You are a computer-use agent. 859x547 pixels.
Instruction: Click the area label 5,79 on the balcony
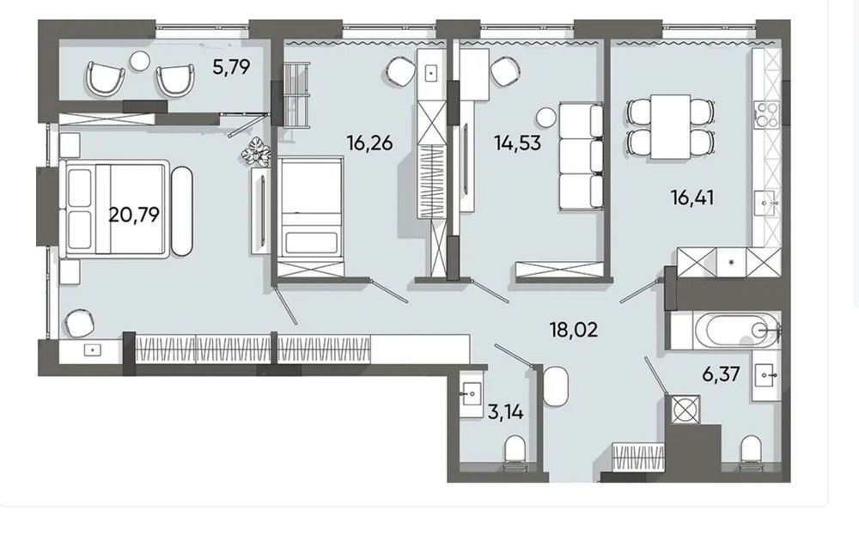(x=231, y=67)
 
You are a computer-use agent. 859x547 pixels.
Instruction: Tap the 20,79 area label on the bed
(x=134, y=215)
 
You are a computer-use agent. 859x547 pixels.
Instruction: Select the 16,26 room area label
(x=369, y=143)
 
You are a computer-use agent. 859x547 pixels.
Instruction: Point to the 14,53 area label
(x=517, y=143)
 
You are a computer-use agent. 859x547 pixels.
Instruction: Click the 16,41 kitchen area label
(x=692, y=198)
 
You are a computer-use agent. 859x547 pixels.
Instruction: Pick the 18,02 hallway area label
(x=574, y=330)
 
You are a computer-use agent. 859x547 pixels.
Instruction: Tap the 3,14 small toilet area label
(x=505, y=412)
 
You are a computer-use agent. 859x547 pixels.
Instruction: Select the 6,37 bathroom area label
(x=721, y=375)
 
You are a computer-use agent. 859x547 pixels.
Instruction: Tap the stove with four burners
(x=766, y=115)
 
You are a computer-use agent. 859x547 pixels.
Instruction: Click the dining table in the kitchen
(x=671, y=126)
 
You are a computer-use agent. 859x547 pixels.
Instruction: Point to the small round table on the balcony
(x=140, y=60)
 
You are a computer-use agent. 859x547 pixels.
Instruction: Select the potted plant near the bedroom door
(x=255, y=151)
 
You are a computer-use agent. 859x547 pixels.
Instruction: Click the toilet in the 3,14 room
(x=514, y=450)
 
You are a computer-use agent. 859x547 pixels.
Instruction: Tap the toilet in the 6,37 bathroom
(x=750, y=450)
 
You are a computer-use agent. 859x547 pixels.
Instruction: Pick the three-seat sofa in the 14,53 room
(x=582, y=155)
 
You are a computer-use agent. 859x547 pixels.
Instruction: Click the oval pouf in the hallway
(x=556, y=386)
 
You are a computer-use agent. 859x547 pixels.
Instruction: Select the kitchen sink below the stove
(x=766, y=204)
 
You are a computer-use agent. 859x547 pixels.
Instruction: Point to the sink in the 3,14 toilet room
(x=470, y=393)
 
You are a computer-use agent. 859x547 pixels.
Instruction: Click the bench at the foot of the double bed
(x=182, y=210)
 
